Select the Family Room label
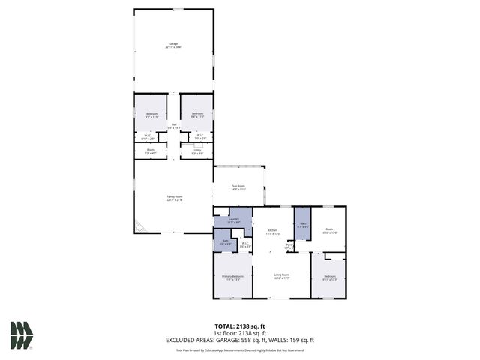pos(174,199)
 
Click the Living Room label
pos(281,276)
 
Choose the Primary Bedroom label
pos(232,277)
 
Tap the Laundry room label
pos(233,220)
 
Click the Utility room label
pos(197,152)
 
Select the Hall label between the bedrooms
pos(174,127)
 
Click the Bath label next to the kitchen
pos(302,224)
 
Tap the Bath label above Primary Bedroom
pos(225,242)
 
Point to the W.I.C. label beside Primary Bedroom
pos(245,244)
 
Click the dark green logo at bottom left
pos(21,335)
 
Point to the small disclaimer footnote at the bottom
pos(240,349)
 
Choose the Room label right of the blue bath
pos(329,232)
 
